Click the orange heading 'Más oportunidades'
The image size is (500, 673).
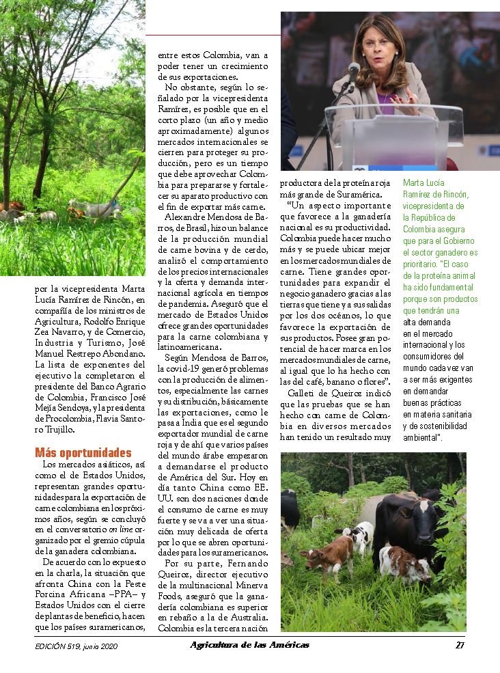[83, 453]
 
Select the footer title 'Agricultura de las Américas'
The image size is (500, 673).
[249, 645]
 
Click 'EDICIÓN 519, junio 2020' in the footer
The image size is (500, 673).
[77, 646]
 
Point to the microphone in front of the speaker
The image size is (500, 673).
[353, 70]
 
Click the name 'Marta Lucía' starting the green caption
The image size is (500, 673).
[423, 183]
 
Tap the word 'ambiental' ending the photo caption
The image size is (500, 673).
[421, 437]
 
